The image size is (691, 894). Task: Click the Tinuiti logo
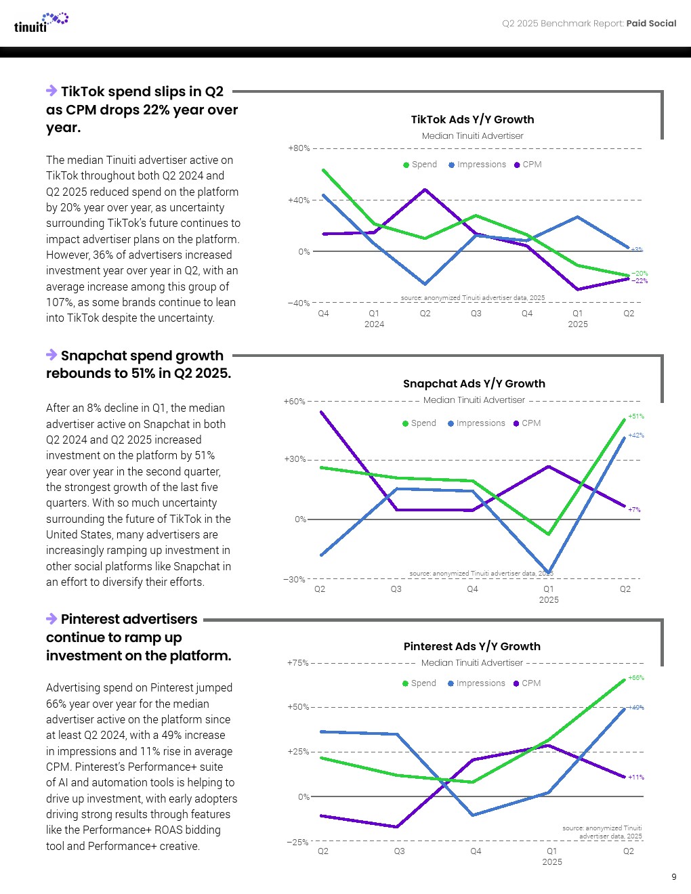point(41,22)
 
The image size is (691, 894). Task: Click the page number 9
point(673,876)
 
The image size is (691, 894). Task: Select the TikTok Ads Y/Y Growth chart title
point(472,119)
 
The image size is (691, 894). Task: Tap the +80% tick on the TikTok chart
point(299,148)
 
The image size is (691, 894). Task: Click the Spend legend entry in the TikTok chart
point(420,165)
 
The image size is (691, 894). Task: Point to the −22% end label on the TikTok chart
point(640,281)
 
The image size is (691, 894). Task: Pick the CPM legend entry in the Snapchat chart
point(527,423)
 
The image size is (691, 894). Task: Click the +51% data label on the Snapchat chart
point(636,417)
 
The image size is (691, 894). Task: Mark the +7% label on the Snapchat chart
point(634,509)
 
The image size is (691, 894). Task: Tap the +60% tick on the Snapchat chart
point(295,401)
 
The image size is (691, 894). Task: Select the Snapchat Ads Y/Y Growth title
point(474,383)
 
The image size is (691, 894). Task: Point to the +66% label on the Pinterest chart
point(636,678)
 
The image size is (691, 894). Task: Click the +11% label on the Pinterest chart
point(636,778)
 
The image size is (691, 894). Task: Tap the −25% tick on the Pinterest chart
point(297,842)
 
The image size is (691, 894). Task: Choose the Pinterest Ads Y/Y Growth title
point(472,646)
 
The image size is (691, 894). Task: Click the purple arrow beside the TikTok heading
point(51,91)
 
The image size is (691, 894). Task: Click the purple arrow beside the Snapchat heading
point(51,355)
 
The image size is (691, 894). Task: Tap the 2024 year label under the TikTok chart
point(374,324)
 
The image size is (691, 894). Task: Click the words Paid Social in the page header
point(651,23)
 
